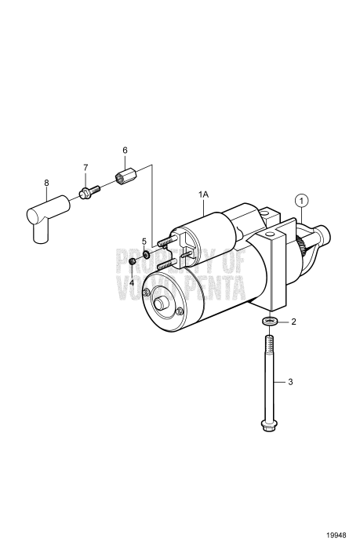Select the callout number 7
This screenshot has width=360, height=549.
86,167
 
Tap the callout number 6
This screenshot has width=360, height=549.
124,150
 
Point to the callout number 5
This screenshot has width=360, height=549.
144,240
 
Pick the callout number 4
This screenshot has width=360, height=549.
132,282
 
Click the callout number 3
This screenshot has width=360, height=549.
290,382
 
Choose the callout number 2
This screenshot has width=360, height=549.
294,322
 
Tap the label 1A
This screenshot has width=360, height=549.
204,194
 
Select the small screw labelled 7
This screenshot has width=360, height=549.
86,191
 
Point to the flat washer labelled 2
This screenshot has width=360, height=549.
269,322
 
